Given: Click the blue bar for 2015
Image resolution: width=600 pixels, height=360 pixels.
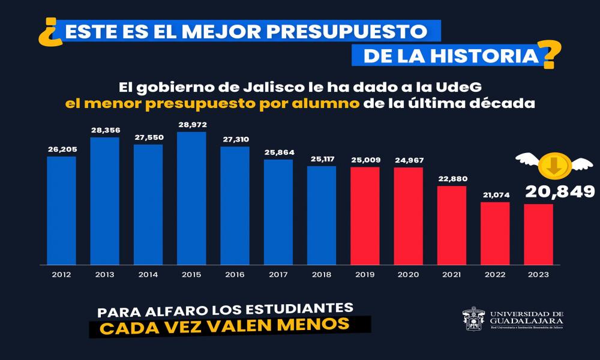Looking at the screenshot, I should pyautogui.click(x=191, y=198).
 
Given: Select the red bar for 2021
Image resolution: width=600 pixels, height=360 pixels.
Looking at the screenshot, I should pyautogui.click(x=452, y=225).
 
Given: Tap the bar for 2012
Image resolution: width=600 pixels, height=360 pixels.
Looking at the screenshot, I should pyautogui.click(x=61, y=210).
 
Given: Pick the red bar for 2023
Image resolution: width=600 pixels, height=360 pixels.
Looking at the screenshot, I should pyautogui.click(x=538, y=234).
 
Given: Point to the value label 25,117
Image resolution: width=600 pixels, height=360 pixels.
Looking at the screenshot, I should pyautogui.click(x=322, y=159).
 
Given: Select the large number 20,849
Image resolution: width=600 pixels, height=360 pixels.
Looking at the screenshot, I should pyautogui.click(x=560, y=191).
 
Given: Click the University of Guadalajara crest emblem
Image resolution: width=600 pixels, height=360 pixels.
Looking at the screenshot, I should pyautogui.click(x=473, y=319).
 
